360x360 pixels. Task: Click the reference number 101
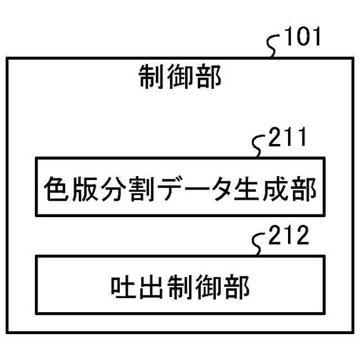point(303,38)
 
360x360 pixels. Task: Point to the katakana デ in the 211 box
point(167,191)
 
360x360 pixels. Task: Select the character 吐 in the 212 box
point(123,289)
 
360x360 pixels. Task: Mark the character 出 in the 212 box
point(151,289)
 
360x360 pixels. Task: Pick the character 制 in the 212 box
point(179,289)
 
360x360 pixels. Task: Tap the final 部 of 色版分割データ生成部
point(304,191)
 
